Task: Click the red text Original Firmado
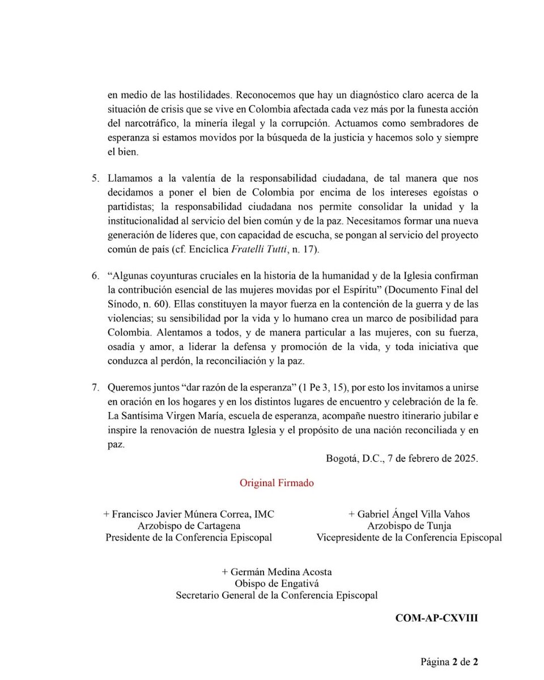277,483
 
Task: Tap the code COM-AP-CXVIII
436,618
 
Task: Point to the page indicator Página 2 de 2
449,661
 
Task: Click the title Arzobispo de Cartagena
188,526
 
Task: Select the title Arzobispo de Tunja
409,526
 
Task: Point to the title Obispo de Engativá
277,584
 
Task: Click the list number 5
95,178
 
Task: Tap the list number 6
95,276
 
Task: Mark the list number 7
95,388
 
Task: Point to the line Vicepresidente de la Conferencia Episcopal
409,538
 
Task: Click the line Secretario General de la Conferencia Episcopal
277,596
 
